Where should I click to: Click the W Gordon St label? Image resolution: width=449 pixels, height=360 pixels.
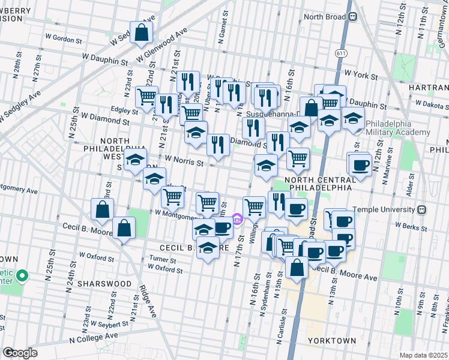point(63,40)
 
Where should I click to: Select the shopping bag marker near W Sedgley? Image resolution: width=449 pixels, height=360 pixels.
point(140,34)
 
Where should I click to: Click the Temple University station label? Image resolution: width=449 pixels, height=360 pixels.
point(393,209)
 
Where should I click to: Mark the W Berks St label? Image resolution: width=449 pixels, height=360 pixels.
point(409,226)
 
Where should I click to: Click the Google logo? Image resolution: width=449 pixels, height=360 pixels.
point(20,353)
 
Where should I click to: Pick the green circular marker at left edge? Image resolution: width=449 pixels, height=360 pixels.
point(23,277)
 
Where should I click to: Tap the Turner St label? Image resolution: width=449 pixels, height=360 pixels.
point(162,260)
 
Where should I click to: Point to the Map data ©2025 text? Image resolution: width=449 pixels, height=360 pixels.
point(423,355)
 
